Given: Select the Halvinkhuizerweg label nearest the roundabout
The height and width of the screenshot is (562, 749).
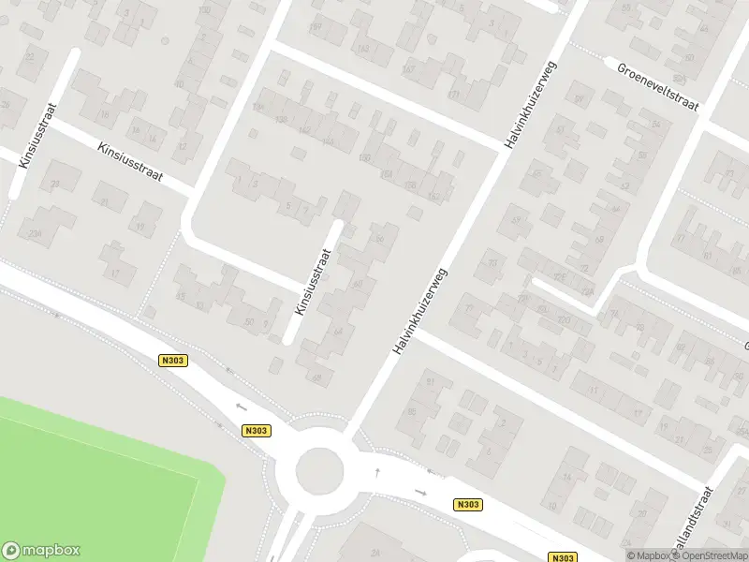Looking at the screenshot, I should coord(420,311).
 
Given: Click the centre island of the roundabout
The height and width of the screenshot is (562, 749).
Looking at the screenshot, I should coord(319,469).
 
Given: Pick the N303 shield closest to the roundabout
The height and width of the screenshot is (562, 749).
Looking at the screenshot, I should coord(255,431).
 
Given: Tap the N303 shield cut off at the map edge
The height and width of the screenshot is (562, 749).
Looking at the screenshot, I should coord(563,557).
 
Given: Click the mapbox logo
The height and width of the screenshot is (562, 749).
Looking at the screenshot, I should coord(41,551).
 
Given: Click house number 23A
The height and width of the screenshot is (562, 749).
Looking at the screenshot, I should coord(36,233).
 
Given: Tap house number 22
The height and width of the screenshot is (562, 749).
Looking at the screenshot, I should coord(31,57).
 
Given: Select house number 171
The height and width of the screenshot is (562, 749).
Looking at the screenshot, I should coord(454,95).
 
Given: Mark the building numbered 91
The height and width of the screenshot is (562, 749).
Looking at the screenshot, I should coord(432,381).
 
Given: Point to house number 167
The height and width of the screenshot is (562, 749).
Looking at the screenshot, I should coord(406,69).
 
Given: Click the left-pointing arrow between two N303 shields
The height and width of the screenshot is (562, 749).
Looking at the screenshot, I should coord(242,406).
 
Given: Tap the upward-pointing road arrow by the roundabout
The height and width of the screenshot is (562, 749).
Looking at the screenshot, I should coord(377,472).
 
